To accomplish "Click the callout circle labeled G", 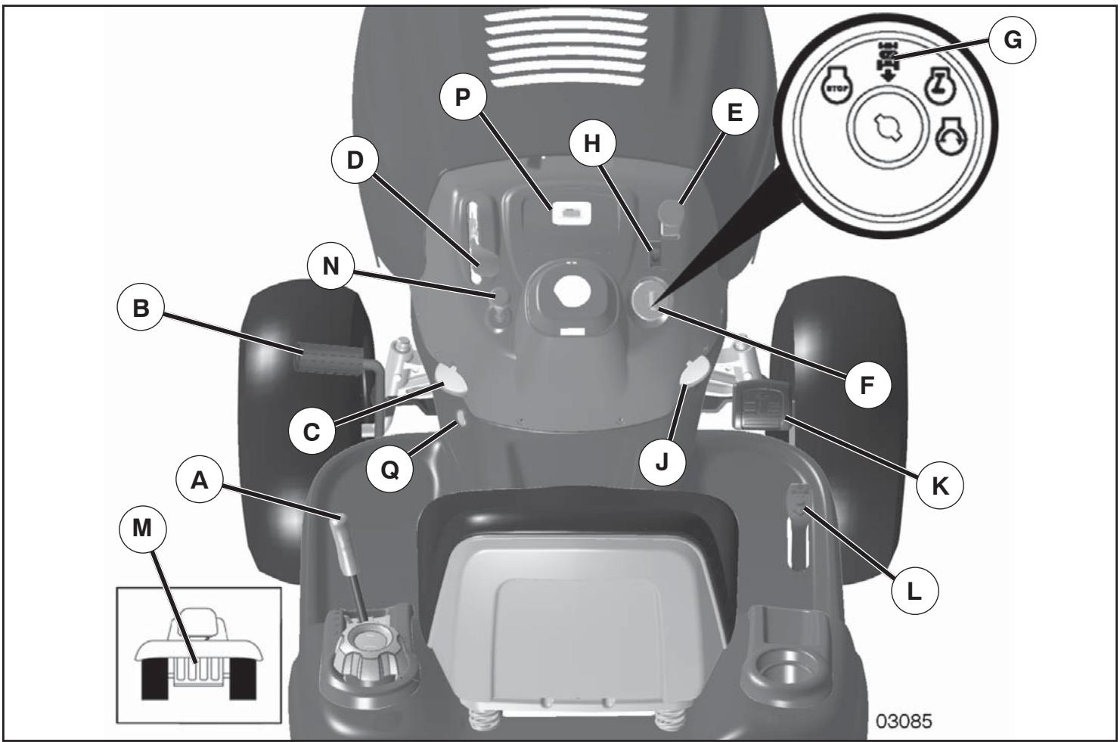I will point(1012,41).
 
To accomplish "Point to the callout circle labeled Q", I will point(389,469).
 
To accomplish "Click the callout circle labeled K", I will point(940,487).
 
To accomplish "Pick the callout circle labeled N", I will point(331,267).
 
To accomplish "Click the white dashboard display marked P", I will point(570,214).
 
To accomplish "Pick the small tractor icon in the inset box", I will point(199,657).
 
